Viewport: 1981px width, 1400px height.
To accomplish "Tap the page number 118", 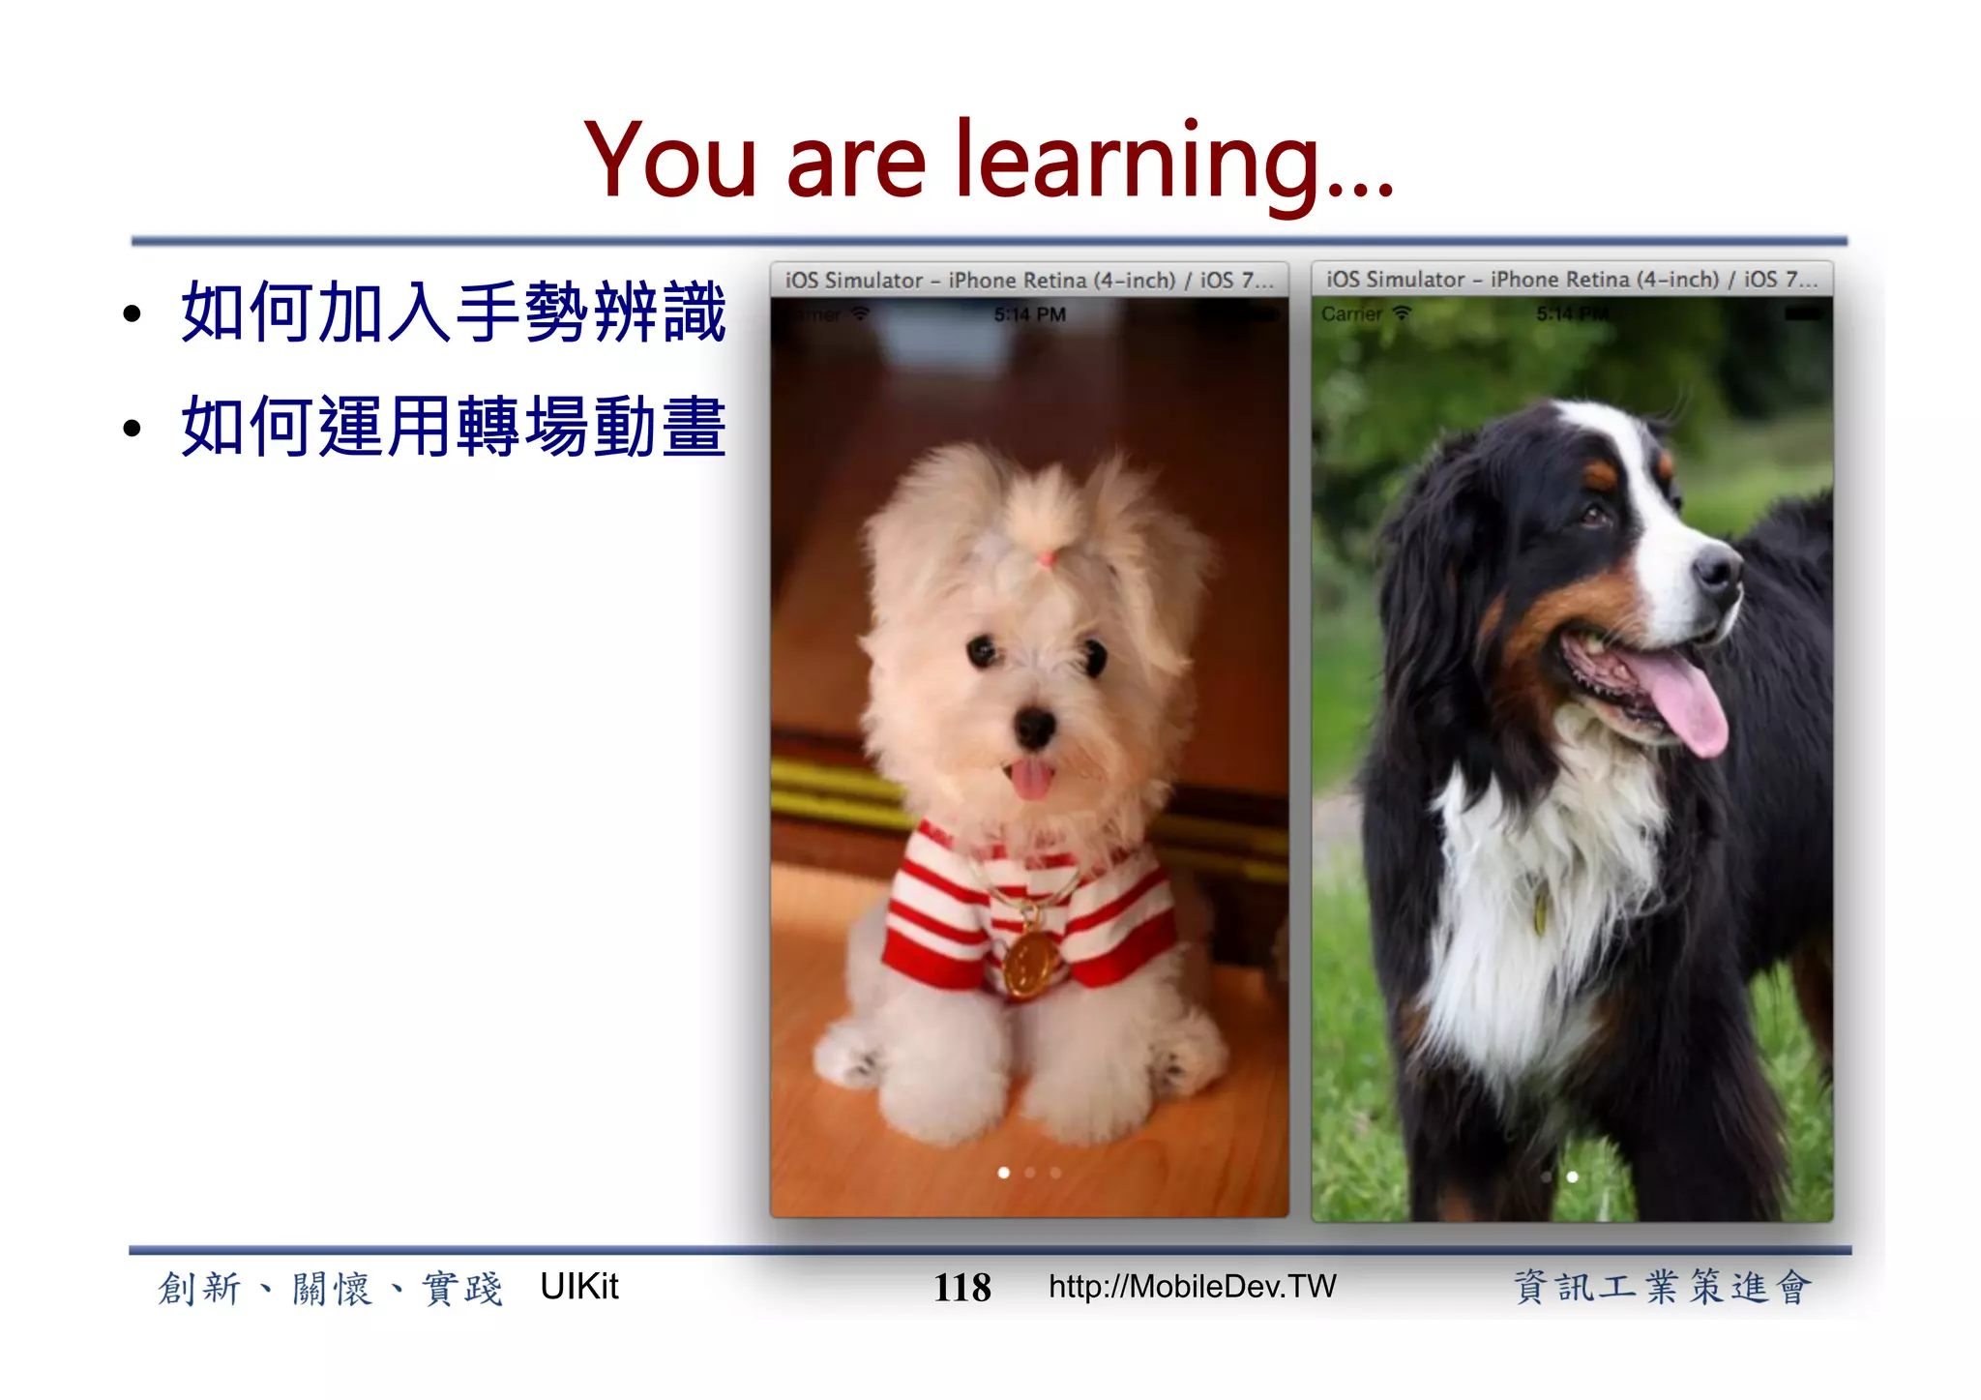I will click(x=961, y=1288).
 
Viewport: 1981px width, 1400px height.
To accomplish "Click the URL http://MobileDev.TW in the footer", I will click(x=1192, y=1286).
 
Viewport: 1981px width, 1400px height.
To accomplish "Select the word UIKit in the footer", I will click(x=578, y=1286).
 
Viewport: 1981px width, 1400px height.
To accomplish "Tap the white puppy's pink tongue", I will click(x=1031, y=778).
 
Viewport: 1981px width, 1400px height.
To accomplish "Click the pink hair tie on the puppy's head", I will click(x=1047, y=558).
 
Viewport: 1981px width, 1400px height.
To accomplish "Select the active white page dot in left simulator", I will click(x=1004, y=1173).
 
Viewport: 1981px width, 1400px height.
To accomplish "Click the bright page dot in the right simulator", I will click(x=1573, y=1177).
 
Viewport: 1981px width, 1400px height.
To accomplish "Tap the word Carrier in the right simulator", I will click(x=1351, y=314).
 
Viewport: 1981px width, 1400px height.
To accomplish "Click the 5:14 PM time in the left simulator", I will click(x=1029, y=314).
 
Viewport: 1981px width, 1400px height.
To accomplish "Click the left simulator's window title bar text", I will click(x=1028, y=281).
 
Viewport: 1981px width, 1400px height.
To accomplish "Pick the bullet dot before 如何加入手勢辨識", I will click(x=133, y=314).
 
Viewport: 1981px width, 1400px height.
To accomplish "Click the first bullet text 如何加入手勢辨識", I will click(x=453, y=313).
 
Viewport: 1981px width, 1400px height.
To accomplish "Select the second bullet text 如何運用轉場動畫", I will click(x=453, y=427).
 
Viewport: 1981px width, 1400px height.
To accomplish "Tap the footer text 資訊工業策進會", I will click(x=1661, y=1287).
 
